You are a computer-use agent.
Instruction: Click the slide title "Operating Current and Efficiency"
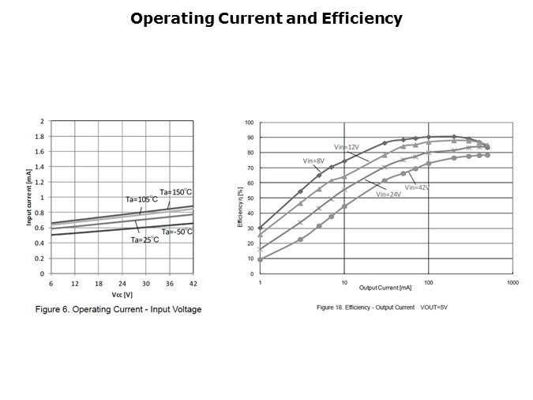pyautogui.click(x=266, y=17)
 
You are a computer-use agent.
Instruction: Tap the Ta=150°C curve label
pyautogui.click(x=175, y=192)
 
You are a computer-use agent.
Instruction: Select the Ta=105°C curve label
pyautogui.click(x=141, y=199)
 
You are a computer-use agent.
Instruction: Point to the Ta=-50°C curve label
pyautogui.click(x=178, y=232)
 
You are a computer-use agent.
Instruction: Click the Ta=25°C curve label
pyautogui.click(x=145, y=240)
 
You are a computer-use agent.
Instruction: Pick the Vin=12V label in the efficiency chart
pyautogui.click(x=347, y=147)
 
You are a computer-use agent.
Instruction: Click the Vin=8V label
pyautogui.click(x=314, y=160)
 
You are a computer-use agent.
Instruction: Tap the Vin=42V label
pyautogui.click(x=417, y=187)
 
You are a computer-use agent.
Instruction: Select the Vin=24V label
pyautogui.click(x=389, y=194)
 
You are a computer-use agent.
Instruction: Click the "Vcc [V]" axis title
pyautogui.click(x=122, y=295)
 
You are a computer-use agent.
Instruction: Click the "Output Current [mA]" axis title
pyautogui.click(x=385, y=287)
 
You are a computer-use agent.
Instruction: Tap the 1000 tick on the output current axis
pyautogui.click(x=512, y=282)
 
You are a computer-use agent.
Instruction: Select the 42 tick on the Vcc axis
pyautogui.click(x=193, y=283)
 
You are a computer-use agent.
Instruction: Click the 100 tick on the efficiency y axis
pyautogui.click(x=249, y=123)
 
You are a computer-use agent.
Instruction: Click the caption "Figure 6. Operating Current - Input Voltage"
pyautogui.click(x=118, y=309)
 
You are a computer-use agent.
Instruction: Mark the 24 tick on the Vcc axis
pyautogui.click(x=122, y=283)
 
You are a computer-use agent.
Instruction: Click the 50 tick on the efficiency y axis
pyautogui.click(x=250, y=198)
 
